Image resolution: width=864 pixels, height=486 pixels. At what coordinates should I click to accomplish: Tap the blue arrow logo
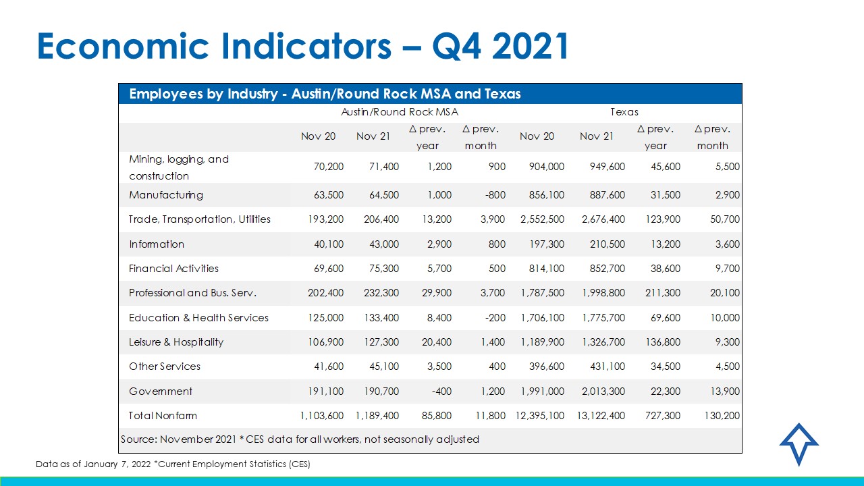799,443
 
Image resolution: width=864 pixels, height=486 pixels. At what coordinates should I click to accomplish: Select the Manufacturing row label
166,195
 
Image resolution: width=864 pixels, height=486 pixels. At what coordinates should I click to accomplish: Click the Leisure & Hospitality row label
176,342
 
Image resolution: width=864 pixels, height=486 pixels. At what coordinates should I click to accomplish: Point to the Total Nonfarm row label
163,416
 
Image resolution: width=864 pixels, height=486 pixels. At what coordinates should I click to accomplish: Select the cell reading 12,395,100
538,416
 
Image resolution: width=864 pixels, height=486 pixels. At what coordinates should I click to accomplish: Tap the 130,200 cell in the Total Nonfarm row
721,416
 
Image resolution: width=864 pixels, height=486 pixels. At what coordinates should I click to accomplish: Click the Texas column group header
624,112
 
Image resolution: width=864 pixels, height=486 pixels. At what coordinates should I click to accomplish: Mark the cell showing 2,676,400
603,219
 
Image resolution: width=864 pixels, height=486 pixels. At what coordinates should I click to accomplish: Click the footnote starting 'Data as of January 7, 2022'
173,464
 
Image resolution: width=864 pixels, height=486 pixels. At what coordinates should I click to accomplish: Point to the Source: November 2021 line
300,439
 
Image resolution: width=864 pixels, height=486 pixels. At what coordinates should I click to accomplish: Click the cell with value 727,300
662,416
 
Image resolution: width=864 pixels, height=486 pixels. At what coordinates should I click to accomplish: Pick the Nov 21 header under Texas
597,136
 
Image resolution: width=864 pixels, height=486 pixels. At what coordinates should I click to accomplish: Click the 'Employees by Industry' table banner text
325,94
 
